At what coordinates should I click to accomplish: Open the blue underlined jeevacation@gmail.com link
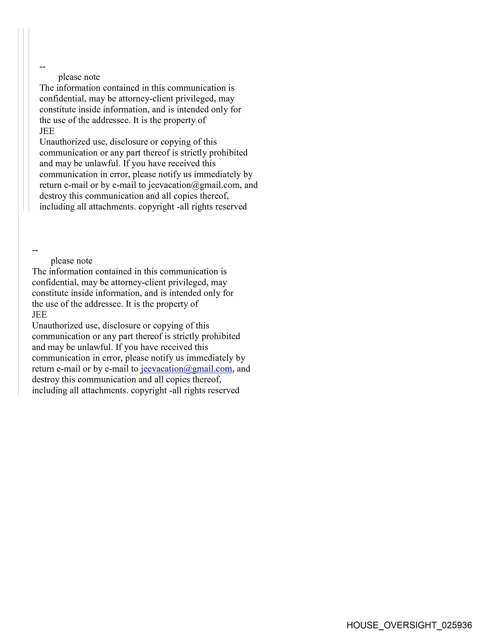[x=186, y=369]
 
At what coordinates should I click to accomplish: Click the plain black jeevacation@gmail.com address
[x=194, y=185]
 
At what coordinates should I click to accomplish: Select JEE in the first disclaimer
[x=47, y=131]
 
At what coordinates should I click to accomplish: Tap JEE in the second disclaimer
[x=39, y=315]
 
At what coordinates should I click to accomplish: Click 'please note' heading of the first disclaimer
[x=79, y=77]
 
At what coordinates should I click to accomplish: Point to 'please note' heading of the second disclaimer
[x=72, y=261]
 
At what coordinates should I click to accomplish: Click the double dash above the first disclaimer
[x=42, y=67]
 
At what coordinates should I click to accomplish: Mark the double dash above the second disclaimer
[x=35, y=251]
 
